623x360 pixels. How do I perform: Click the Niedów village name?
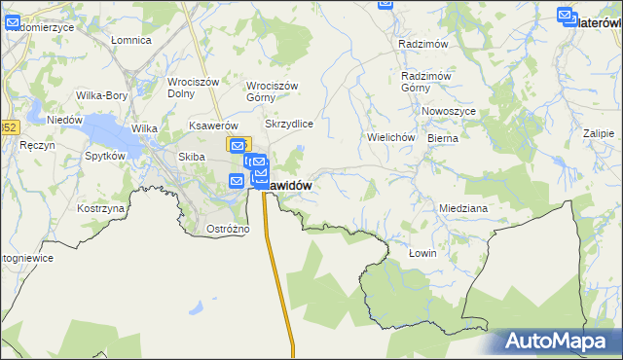(x=64, y=120)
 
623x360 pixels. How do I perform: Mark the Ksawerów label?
(x=214, y=126)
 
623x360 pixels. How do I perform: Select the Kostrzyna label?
(x=101, y=209)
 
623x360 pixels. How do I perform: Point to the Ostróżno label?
(x=229, y=229)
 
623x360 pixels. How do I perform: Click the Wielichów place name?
(x=391, y=138)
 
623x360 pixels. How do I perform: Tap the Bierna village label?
(x=442, y=139)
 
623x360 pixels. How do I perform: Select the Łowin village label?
(x=422, y=253)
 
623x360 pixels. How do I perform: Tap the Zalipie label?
(x=599, y=133)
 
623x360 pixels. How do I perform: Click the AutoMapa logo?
(x=558, y=342)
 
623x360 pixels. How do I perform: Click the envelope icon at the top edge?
(x=385, y=5)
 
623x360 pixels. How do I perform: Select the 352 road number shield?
(x=8, y=126)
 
